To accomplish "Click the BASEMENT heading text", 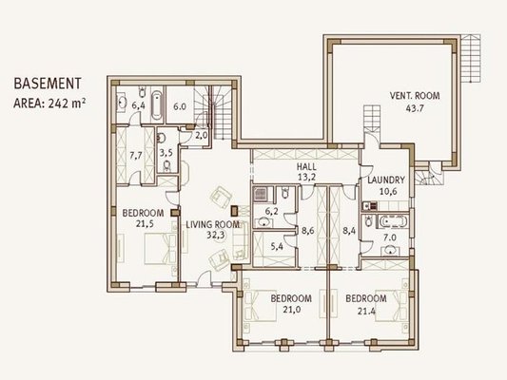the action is click(48, 84).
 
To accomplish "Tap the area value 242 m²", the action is click(67, 104).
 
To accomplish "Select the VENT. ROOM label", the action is click(415, 96).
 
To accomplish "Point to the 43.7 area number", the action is click(415, 108).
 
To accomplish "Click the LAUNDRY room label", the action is click(386, 180).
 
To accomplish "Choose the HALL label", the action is click(306, 167).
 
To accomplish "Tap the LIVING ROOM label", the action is click(213, 224).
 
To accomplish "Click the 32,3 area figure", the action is click(216, 236).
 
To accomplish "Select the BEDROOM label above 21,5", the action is click(143, 213).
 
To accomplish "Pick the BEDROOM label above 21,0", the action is click(291, 298).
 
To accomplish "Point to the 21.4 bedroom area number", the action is click(366, 312).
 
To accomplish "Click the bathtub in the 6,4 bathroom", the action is click(157, 105).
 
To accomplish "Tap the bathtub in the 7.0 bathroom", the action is click(394, 221).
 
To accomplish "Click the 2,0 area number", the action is click(201, 136).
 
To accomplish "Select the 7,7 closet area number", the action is click(136, 156).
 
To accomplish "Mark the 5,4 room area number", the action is click(277, 247).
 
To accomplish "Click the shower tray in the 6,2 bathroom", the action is click(261, 194).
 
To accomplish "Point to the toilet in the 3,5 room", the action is click(166, 166).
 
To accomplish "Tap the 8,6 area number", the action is click(308, 231).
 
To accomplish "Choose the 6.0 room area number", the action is click(180, 106).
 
